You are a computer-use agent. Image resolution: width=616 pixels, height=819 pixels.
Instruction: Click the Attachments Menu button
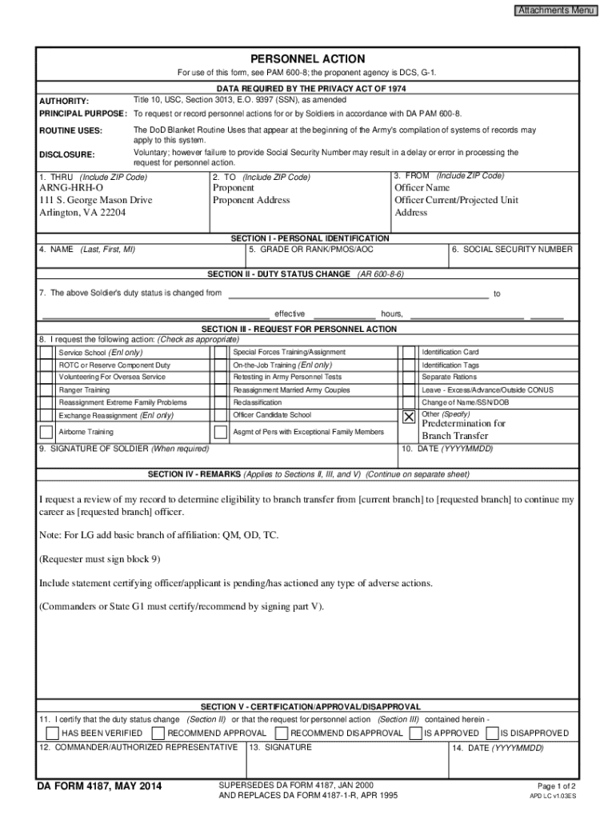(x=555, y=10)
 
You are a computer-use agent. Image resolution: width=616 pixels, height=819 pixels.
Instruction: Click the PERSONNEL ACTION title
(x=307, y=59)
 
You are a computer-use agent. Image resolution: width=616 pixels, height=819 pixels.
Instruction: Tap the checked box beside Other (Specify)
(x=409, y=417)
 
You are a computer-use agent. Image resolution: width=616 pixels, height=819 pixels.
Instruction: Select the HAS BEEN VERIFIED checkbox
(x=52, y=733)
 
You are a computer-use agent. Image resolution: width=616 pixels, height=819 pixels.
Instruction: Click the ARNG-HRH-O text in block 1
(x=71, y=188)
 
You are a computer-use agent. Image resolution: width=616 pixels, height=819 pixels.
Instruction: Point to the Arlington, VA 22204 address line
(x=82, y=213)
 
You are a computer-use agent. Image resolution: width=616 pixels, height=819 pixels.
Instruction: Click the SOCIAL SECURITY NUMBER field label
(x=512, y=250)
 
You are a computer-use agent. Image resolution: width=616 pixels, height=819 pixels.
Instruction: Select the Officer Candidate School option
(x=272, y=415)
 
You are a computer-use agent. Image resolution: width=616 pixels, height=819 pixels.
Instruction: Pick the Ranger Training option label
(x=85, y=390)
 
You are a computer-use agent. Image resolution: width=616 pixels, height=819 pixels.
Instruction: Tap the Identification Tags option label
(x=450, y=365)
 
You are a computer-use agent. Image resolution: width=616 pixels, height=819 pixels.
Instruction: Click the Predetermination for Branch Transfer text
(x=463, y=429)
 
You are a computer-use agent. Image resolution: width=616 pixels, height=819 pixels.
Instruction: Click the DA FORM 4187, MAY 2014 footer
(x=100, y=788)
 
